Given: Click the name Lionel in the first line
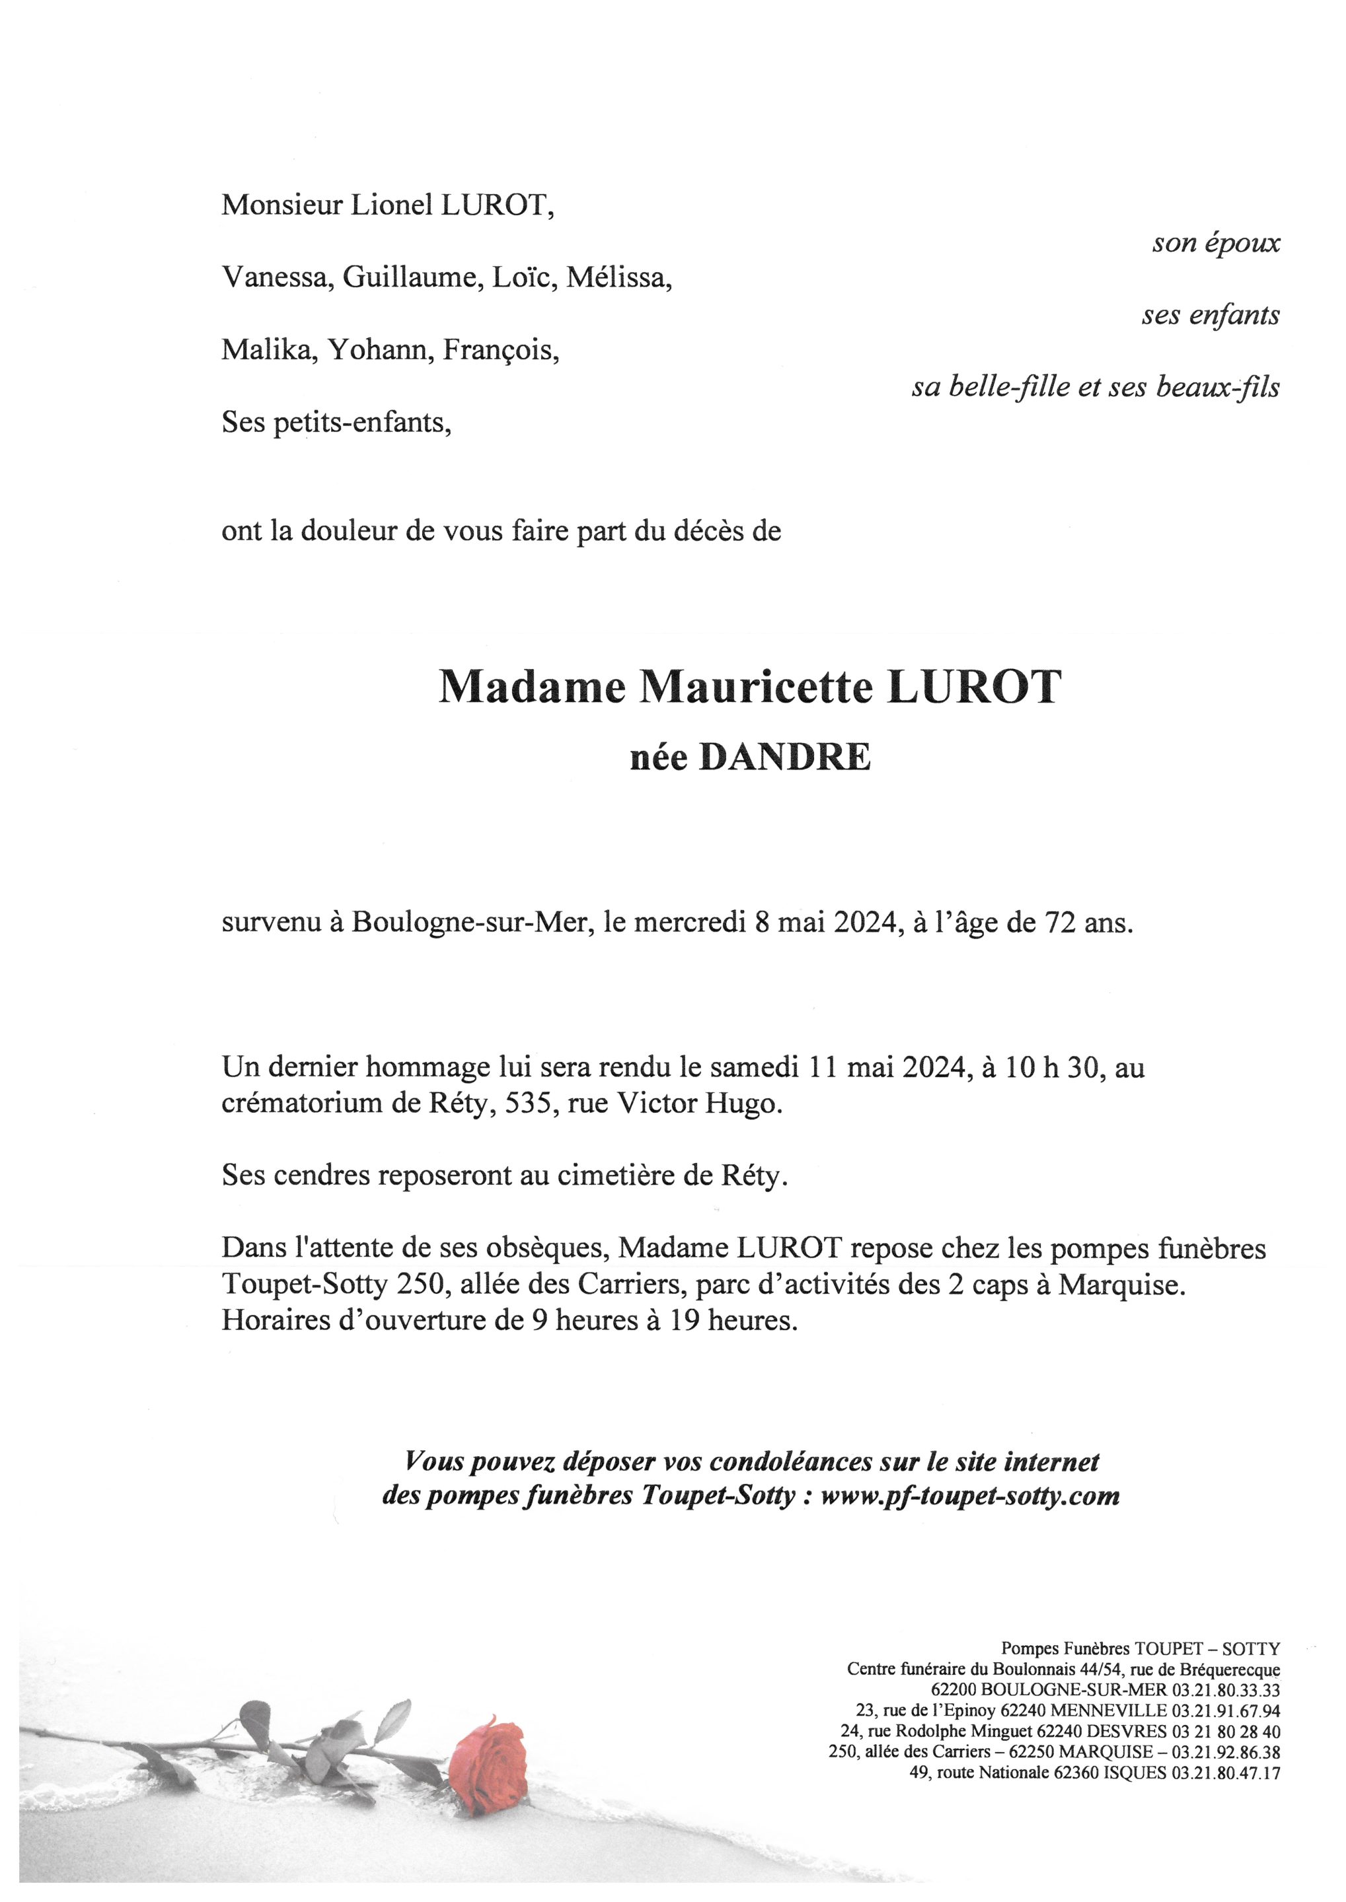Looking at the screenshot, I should (x=391, y=205).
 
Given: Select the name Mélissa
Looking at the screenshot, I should (x=618, y=278).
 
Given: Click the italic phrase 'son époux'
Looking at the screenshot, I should (x=1215, y=243).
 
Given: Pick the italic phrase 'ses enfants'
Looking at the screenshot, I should (x=1210, y=315).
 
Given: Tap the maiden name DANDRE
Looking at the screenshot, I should (x=785, y=758).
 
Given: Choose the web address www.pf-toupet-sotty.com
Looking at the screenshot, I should (x=970, y=1496).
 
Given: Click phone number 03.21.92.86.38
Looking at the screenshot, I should (x=1225, y=1753).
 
